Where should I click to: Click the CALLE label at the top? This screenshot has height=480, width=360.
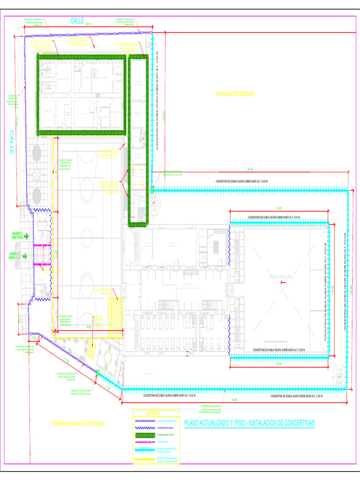[x=77, y=21]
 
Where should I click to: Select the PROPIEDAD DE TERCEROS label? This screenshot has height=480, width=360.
[x=235, y=94]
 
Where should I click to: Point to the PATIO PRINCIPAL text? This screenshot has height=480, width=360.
[x=282, y=277]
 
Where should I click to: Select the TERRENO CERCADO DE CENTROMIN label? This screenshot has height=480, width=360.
[x=78, y=424]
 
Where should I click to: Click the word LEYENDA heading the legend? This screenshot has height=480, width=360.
[x=152, y=413]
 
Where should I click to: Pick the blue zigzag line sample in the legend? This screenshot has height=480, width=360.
[x=144, y=428]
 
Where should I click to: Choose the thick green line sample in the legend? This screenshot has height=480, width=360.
[x=144, y=435]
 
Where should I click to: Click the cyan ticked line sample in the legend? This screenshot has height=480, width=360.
[x=144, y=450]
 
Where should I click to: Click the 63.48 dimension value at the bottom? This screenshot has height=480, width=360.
[x=234, y=400]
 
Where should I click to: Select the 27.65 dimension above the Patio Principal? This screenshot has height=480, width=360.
[x=278, y=209]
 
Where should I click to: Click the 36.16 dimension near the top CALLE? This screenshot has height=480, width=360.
[x=89, y=23]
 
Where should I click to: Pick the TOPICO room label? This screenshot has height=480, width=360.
[x=138, y=114]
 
